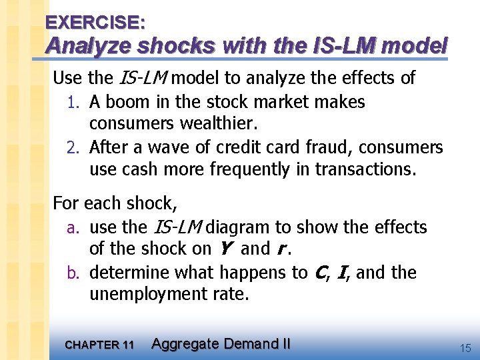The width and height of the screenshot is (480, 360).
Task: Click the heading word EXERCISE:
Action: (95, 22)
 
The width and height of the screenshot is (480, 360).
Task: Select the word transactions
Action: (365, 169)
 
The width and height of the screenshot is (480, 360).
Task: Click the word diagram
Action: (239, 227)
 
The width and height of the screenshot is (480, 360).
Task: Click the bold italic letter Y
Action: (223, 249)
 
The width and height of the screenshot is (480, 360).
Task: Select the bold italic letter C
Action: (319, 272)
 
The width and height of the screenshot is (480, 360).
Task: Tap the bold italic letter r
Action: (282, 249)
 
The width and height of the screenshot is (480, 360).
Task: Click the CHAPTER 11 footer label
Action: (99, 345)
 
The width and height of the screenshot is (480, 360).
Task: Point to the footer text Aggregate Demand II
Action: (221, 344)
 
